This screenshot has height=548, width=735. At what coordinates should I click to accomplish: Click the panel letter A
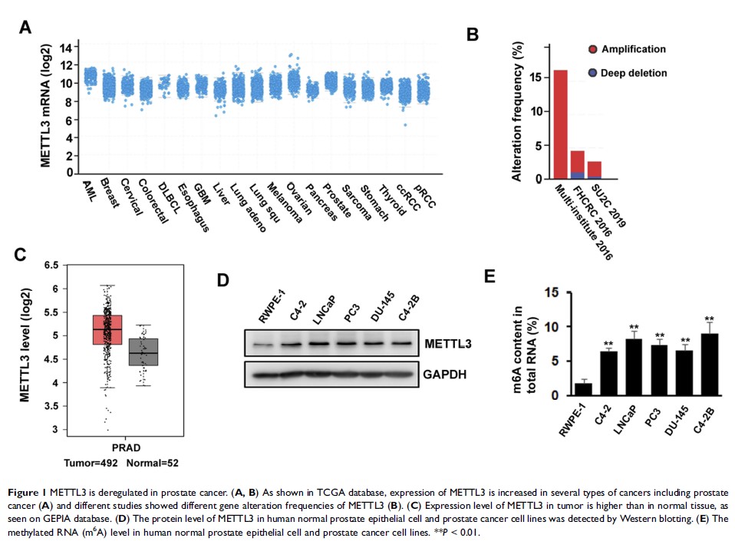26,28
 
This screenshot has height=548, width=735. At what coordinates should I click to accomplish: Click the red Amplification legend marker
592,50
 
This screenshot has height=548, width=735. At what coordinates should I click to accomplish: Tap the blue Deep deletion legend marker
592,73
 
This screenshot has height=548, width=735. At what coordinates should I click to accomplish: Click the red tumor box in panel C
107,329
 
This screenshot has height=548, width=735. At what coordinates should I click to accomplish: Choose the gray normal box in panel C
143,352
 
